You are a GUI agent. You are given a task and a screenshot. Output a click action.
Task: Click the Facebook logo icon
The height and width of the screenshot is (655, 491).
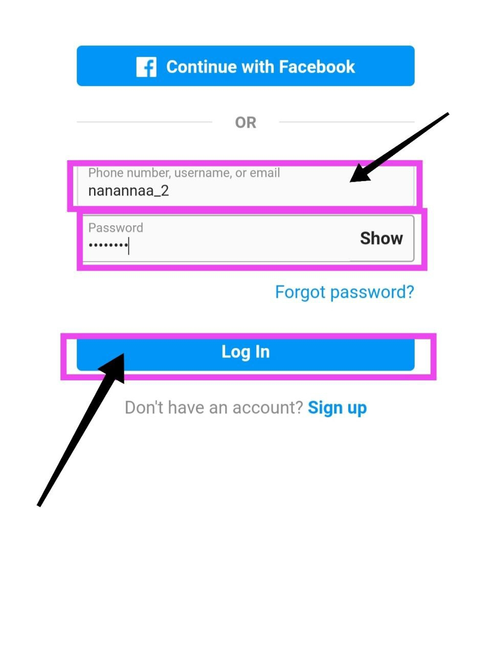[x=146, y=67]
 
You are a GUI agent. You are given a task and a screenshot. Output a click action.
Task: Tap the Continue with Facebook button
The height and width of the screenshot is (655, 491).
[x=245, y=66]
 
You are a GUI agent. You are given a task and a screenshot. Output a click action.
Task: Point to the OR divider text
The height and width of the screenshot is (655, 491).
[x=245, y=123]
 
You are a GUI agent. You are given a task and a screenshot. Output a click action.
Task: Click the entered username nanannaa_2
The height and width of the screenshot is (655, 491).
[x=128, y=191]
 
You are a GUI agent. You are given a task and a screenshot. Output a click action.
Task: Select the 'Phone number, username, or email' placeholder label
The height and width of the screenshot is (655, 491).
[x=184, y=173]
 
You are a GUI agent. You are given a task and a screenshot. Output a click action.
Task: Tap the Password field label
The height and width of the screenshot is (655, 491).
[x=116, y=228]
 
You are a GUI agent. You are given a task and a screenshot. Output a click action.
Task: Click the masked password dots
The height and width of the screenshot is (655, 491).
[x=107, y=245]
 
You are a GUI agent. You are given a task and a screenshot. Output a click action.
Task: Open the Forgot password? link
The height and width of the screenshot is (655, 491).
[x=344, y=292]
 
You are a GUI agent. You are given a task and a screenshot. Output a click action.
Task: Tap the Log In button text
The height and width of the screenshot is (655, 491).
[x=245, y=352]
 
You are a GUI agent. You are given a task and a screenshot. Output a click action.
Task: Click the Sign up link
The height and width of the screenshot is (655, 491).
[x=337, y=408]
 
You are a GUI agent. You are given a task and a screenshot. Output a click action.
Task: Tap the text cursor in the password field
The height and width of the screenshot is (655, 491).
[x=129, y=246]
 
